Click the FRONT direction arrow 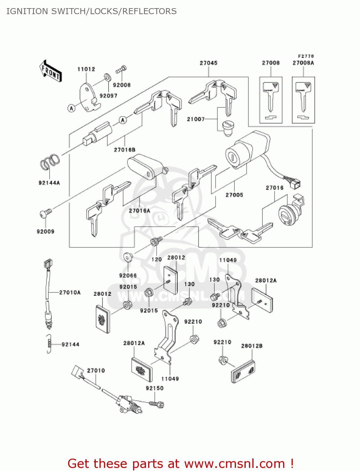pos(51,71)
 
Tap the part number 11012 pos(86,69)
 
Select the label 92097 pos(108,96)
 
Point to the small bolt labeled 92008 pos(121,69)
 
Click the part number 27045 pos(208,63)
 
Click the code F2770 pos(306,56)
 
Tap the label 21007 pos(196,119)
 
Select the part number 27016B pos(124,150)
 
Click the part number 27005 pos(234,195)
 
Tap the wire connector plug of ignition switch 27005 pos(295,184)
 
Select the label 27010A pos(70,293)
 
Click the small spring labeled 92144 pos(49,344)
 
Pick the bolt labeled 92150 pos(157,403)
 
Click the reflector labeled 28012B pos(243,372)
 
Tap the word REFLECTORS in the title pos(149,11)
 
